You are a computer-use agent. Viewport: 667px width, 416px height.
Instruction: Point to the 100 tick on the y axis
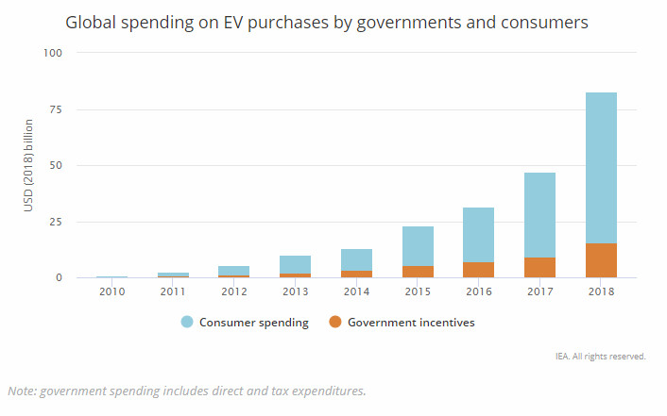click(x=53, y=53)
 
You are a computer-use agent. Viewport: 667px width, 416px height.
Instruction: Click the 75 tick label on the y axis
click(x=56, y=109)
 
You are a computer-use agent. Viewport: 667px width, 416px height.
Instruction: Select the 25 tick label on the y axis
click(x=56, y=222)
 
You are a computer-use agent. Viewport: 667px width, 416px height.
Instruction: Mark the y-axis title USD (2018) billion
click(x=28, y=165)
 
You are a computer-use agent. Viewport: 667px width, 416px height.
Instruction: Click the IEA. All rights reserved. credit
click(x=601, y=358)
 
